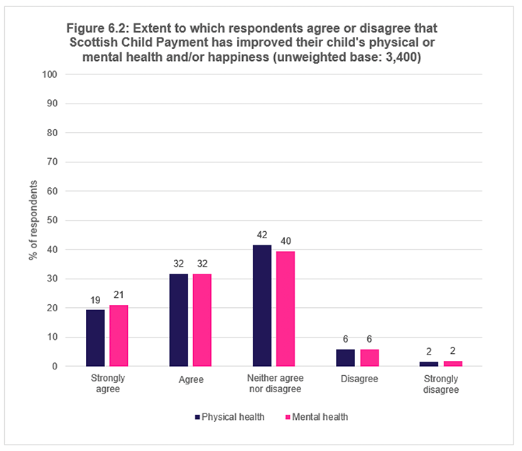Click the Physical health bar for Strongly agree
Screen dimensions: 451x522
(95, 338)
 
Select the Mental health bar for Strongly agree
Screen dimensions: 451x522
(119, 335)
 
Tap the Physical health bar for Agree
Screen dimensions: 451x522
(179, 320)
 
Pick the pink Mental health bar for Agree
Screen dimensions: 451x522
(202, 320)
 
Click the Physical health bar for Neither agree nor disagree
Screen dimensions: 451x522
(262, 306)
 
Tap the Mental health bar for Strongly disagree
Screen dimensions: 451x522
(452, 363)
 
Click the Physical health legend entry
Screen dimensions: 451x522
(229, 417)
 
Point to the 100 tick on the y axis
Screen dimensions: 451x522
(50, 74)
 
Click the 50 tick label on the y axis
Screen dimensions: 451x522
(52, 221)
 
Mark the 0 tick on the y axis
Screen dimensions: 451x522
(54, 367)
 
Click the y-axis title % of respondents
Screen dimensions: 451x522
(33, 221)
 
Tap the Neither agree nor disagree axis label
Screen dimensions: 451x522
(273, 384)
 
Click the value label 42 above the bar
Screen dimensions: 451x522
(262, 233)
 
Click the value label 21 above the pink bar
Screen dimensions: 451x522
(119, 294)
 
